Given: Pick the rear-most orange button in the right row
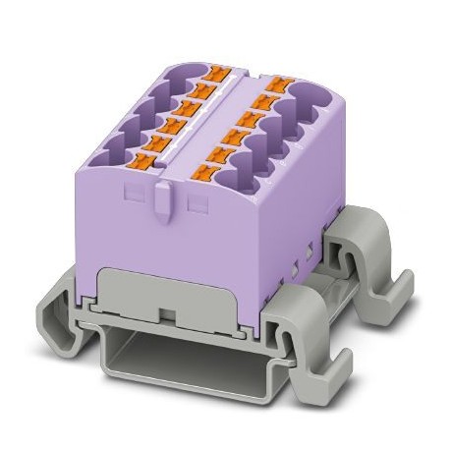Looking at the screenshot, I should point(282,85).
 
